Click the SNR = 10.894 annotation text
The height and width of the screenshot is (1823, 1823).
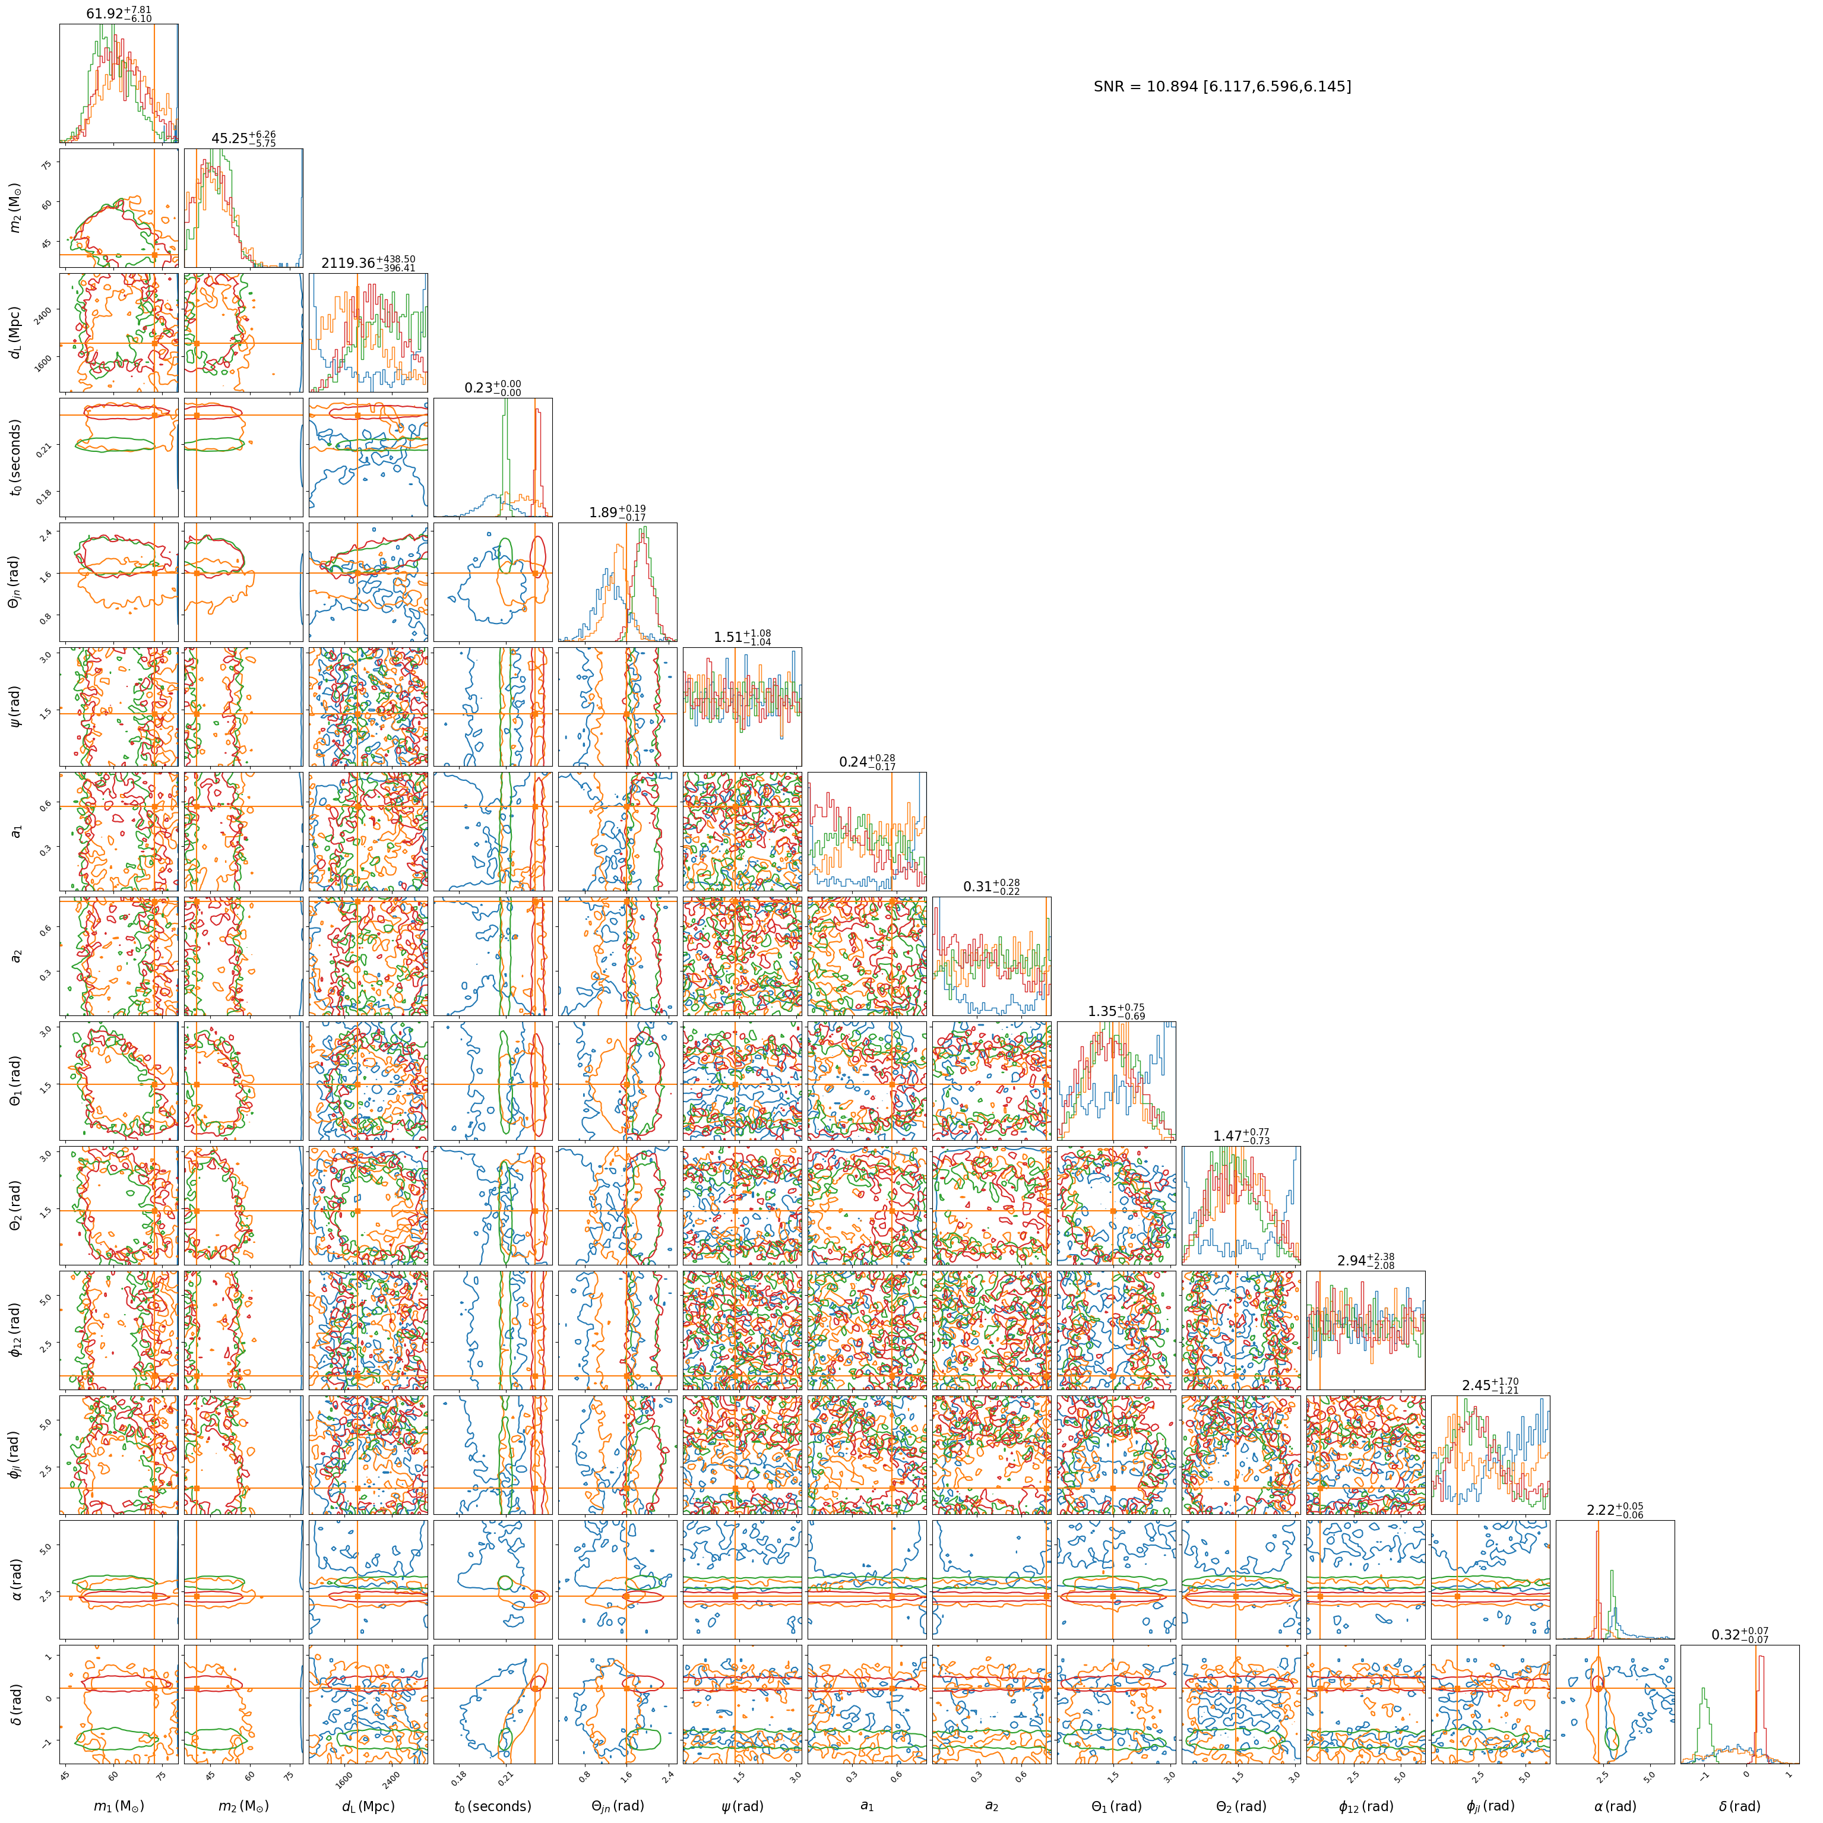tap(1222, 87)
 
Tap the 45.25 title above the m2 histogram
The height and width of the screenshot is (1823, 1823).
tap(243, 139)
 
